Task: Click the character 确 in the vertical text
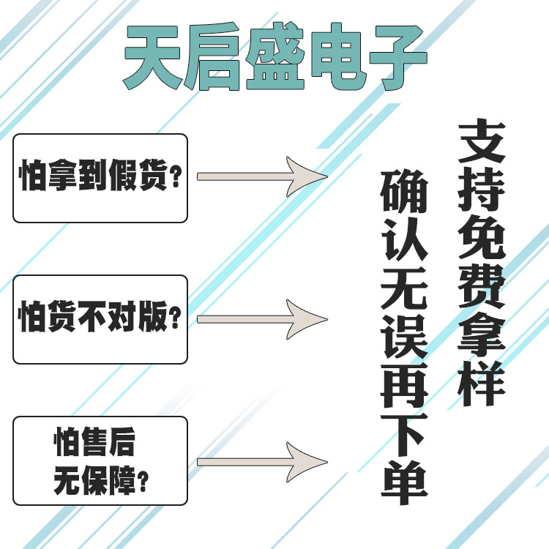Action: [x=403, y=192]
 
